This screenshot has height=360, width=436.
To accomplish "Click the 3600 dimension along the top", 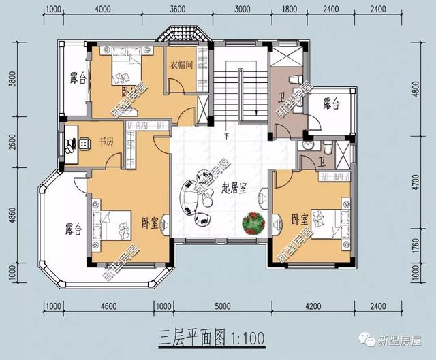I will (177, 9).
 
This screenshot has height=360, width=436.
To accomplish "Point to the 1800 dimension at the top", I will (289, 9).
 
